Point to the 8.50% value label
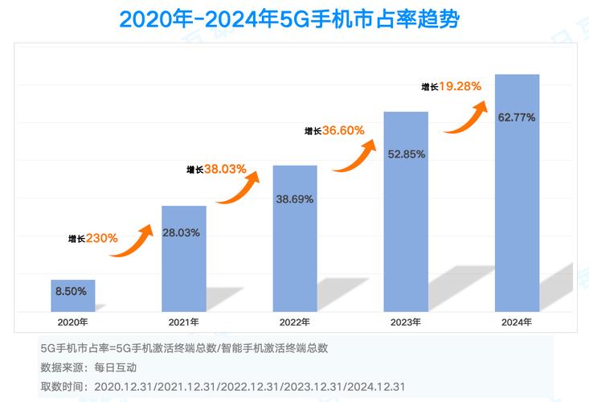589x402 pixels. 71,291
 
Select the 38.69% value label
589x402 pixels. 295,197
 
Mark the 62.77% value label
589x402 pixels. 517,117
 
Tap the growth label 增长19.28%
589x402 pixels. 452,85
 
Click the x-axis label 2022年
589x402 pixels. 295,322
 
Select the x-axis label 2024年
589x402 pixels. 517,322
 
